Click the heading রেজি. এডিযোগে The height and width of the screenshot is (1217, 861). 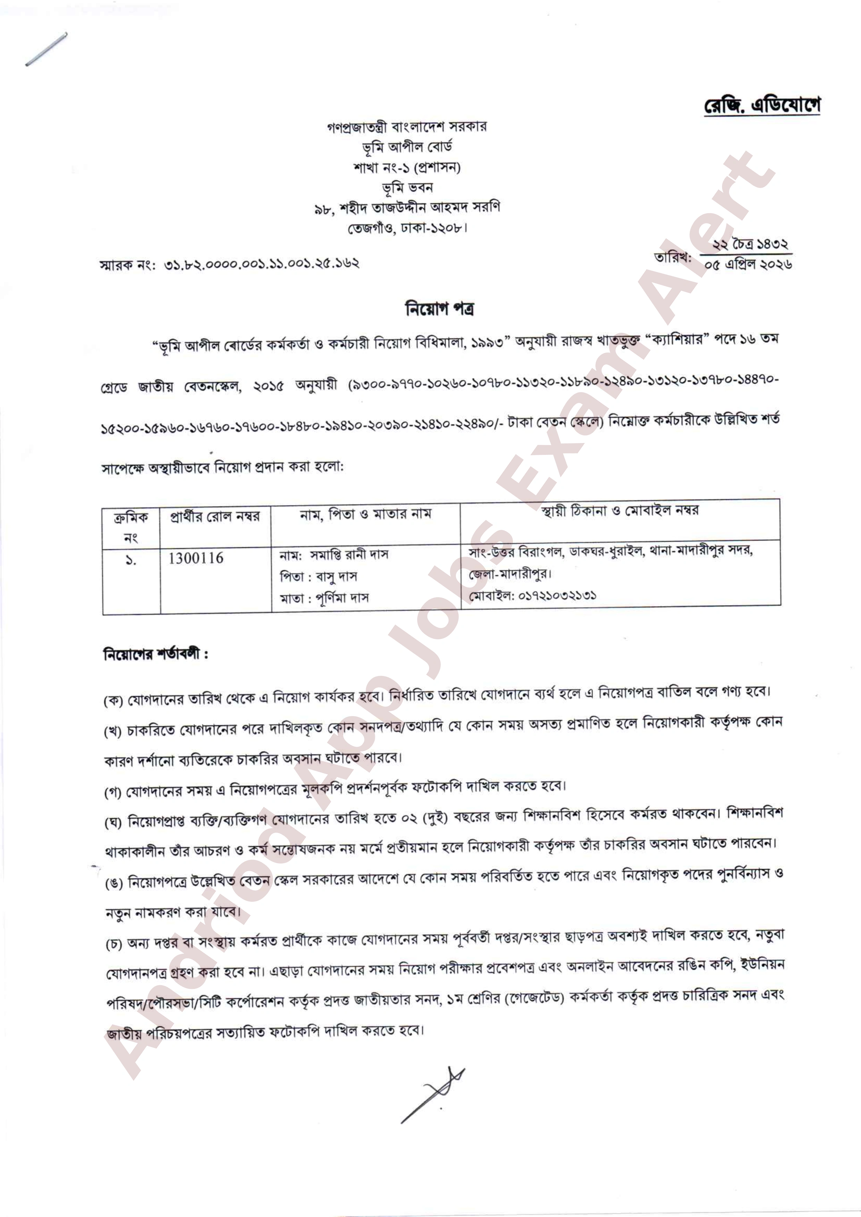pyautogui.click(x=762, y=105)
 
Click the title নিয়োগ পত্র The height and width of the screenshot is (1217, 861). pyautogui.click(x=440, y=309)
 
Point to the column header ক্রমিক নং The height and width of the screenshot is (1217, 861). pyautogui.click(x=131, y=527)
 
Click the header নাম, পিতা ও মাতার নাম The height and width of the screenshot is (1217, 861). pyautogui.click(x=365, y=514)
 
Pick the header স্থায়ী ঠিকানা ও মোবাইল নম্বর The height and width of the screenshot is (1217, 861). pyautogui.click(x=620, y=511)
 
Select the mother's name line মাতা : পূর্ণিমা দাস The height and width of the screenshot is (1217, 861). pyautogui.click(x=324, y=599)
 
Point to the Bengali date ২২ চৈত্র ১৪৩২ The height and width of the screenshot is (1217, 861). pyautogui.click(x=750, y=244)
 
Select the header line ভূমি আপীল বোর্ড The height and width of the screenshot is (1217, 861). pyautogui.click(x=407, y=147)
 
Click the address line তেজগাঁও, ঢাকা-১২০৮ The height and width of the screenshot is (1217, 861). pyautogui.click(x=407, y=228)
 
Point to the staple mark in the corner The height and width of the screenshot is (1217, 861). pyautogui.click(x=46, y=49)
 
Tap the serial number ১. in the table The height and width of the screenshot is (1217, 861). pyautogui.click(x=131, y=559)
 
